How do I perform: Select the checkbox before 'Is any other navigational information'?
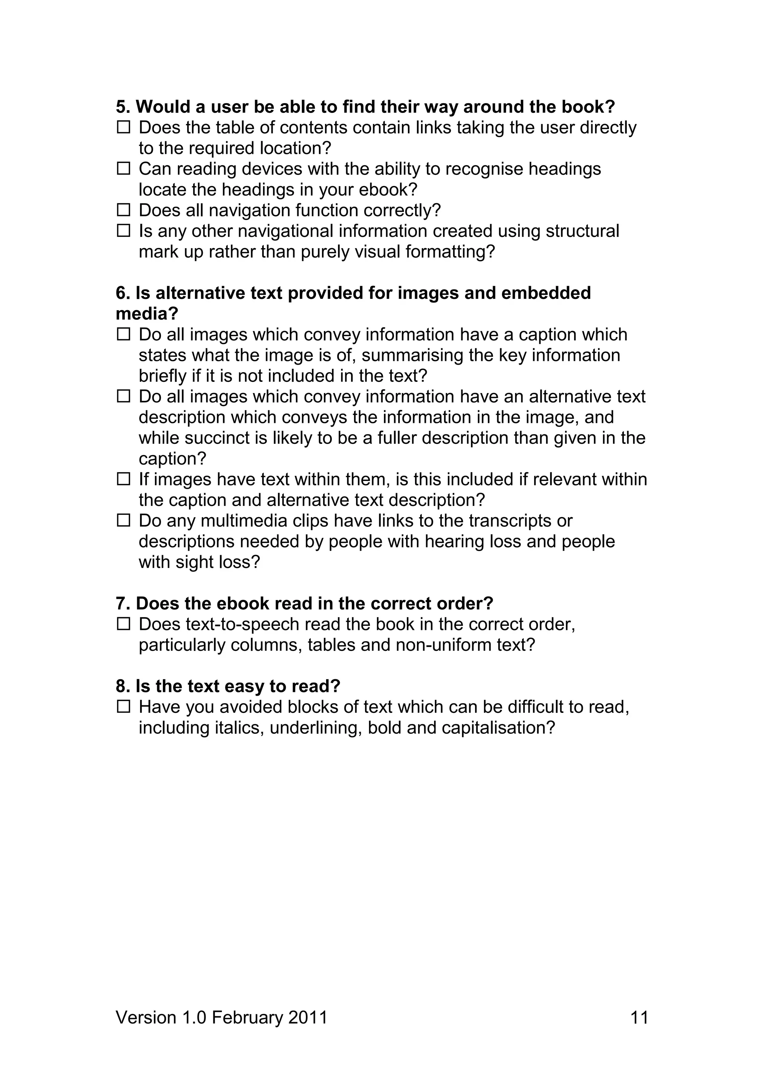coord(123,231)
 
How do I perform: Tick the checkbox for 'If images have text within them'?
coord(123,479)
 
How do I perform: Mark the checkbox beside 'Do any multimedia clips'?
coord(123,520)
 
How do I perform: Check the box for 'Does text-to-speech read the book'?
coord(123,624)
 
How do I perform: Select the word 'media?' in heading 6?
coord(147,314)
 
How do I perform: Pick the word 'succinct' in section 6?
coord(217,438)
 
